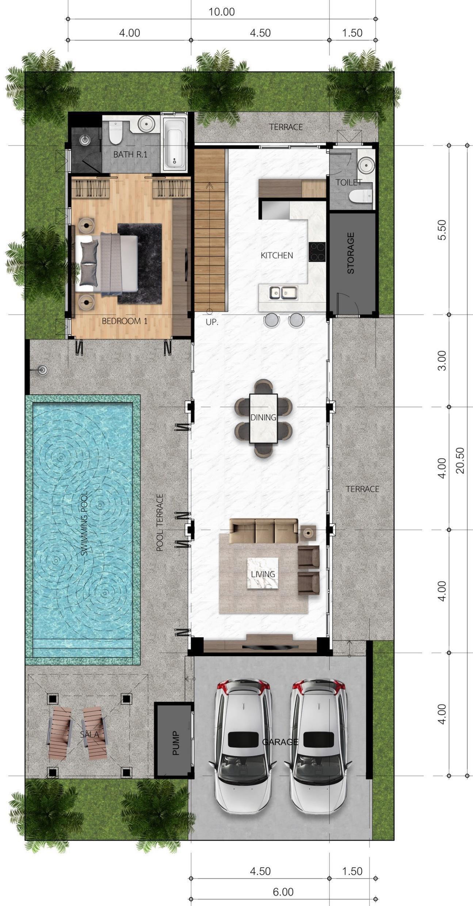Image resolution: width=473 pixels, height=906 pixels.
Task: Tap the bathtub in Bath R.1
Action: pyautogui.click(x=174, y=144)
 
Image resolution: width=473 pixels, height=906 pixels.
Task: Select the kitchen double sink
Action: pyautogui.click(x=283, y=293)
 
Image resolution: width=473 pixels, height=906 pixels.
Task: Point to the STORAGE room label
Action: pyautogui.click(x=351, y=253)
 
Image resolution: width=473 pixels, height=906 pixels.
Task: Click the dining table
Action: pyautogui.click(x=263, y=418)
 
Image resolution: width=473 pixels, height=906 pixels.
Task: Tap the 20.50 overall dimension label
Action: pyautogui.click(x=460, y=460)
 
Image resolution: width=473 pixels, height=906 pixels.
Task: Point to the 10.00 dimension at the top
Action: pyautogui.click(x=221, y=12)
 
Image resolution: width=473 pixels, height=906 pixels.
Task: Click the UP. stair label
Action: pyautogui.click(x=212, y=323)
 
